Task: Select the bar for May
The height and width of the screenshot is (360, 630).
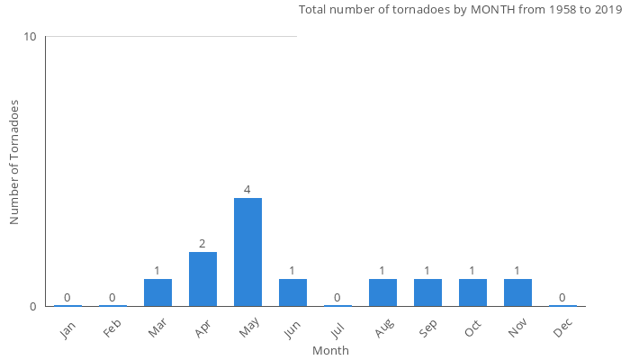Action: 247,252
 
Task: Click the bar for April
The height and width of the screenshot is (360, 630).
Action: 202,279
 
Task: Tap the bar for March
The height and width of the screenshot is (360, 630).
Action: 157,292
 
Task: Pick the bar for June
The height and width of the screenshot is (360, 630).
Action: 292,292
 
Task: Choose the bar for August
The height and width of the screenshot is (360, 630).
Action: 382,292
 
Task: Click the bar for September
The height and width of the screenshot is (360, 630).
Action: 427,292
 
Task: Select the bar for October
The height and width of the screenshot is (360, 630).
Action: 472,292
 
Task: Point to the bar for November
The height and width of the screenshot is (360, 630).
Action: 517,292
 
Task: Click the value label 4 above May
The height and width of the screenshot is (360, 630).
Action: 247,190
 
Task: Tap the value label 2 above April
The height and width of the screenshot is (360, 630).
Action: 202,244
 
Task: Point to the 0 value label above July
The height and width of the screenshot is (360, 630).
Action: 337,298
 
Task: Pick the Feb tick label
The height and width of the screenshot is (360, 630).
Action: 112,328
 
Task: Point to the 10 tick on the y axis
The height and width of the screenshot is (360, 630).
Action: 31,37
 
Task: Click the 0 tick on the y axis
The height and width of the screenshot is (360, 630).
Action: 33,307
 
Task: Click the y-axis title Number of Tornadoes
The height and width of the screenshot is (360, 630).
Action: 14,163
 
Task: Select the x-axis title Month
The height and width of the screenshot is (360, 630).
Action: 330,351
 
